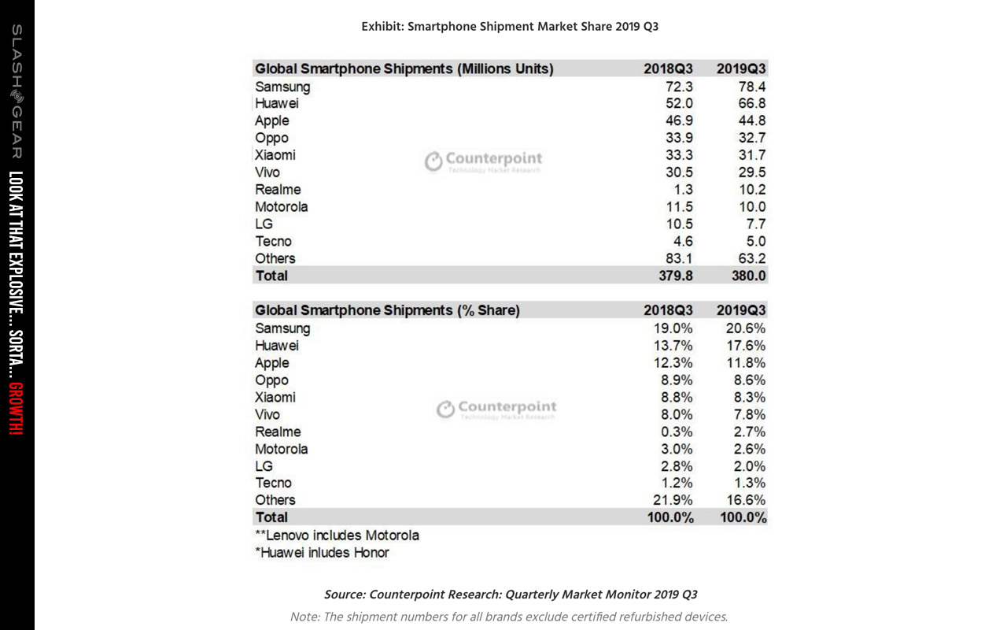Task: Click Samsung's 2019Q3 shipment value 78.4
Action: pos(751,87)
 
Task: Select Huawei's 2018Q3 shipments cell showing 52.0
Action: pos(679,103)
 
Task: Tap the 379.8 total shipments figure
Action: pos(676,276)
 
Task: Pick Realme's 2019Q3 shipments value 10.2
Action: pos(751,190)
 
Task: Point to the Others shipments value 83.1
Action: pos(679,258)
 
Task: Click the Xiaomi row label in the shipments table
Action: pos(275,155)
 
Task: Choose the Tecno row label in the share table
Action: pos(273,483)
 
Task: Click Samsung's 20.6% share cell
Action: pos(745,328)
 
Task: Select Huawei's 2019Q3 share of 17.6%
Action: pos(746,346)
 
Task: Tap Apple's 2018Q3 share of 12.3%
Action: pos(673,363)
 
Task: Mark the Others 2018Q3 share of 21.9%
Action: pos(673,500)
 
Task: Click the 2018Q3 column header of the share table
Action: pos(668,310)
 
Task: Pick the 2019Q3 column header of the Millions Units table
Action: pos(741,69)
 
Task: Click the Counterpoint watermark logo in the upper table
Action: pos(484,161)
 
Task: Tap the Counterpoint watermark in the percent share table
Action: pos(496,409)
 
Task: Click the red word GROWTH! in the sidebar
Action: pos(17,409)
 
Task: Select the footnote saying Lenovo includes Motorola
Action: pos(338,535)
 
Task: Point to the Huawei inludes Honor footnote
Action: pos(322,553)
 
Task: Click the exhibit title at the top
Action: pos(510,27)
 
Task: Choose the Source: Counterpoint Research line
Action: pos(511,595)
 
